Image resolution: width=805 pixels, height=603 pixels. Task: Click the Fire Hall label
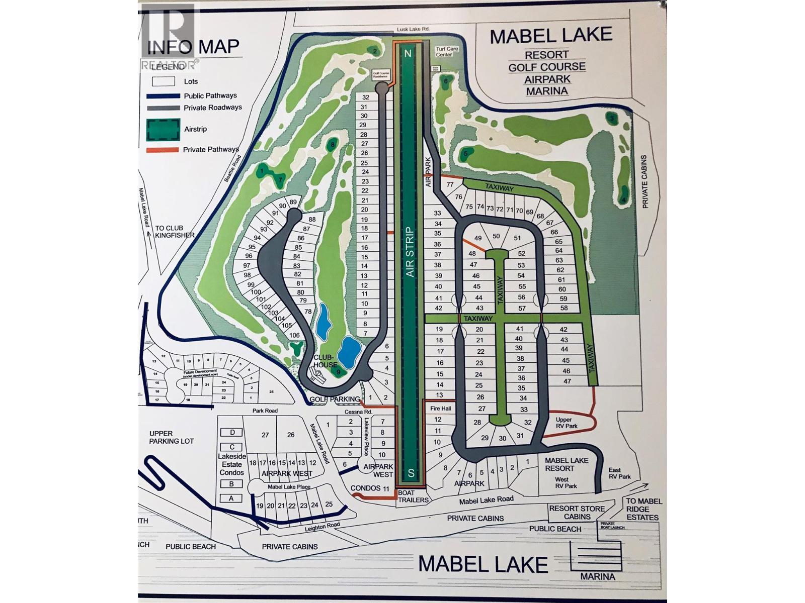pyautogui.click(x=440, y=409)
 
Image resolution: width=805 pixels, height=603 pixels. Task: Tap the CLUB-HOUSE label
pyautogui.click(x=325, y=361)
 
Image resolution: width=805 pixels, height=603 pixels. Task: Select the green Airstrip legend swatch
pyautogui.click(x=163, y=129)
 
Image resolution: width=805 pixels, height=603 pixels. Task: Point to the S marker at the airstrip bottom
pyautogui.click(x=411, y=472)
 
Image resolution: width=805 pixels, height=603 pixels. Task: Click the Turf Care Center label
pyautogui.click(x=446, y=52)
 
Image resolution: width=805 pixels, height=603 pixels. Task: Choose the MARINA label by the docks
pyautogui.click(x=597, y=576)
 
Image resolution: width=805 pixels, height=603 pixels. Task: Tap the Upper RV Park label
pyautogui.click(x=567, y=423)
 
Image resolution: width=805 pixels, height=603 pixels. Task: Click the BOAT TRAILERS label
pyautogui.click(x=413, y=496)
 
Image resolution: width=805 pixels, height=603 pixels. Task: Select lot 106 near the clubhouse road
pyautogui.click(x=294, y=335)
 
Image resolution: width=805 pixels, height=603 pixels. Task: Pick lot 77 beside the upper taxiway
pyautogui.click(x=450, y=185)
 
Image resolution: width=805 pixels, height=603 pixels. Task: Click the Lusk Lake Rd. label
pyautogui.click(x=412, y=30)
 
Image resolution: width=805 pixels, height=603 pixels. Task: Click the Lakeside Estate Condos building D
pyautogui.click(x=232, y=432)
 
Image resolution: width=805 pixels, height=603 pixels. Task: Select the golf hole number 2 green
pyautogui.click(x=374, y=51)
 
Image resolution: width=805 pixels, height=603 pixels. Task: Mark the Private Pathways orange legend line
pyautogui.click(x=163, y=150)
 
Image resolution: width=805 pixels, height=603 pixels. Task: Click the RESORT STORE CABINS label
pyautogui.click(x=577, y=513)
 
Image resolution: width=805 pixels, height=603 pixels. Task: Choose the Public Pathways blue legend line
pyautogui.click(x=163, y=96)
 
